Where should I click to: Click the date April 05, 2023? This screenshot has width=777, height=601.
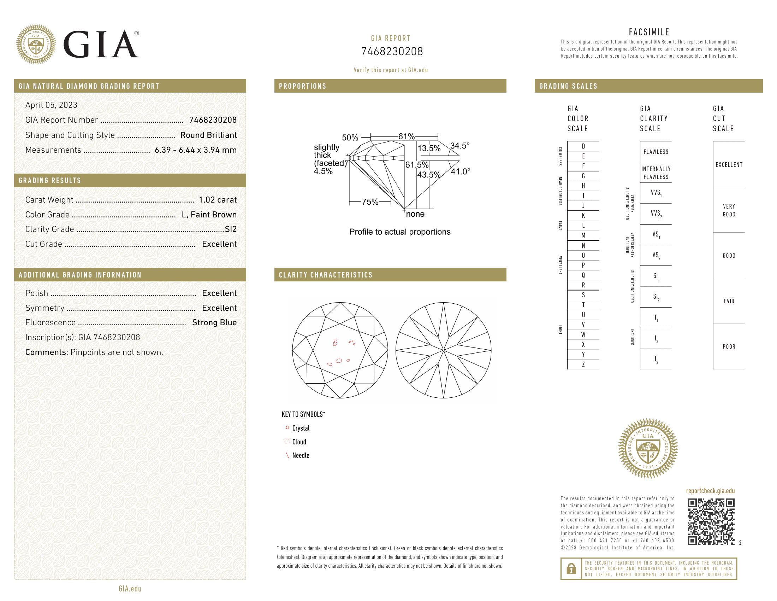pyautogui.click(x=51, y=105)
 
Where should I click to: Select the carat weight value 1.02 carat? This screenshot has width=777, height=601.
pyautogui.click(x=217, y=200)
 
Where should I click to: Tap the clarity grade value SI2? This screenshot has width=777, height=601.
pyautogui.click(x=231, y=229)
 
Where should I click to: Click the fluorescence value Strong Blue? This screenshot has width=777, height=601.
pyautogui.click(x=214, y=322)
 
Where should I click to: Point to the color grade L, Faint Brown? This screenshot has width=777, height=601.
pyautogui.click(x=209, y=215)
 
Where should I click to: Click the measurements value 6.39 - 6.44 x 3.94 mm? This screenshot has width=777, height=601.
pyautogui.click(x=195, y=150)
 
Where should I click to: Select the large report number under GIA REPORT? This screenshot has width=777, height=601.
pyautogui.click(x=392, y=52)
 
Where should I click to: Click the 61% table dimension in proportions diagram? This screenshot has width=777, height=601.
pyautogui.click(x=406, y=136)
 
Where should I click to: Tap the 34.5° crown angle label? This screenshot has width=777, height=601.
pyautogui.click(x=459, y=146)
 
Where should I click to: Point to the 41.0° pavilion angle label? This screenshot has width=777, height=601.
pyautogui.click(x=460, y=171)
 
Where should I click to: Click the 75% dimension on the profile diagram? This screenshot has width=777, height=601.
pyautogui.click(x=370, y=202)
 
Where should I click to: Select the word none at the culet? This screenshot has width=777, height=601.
pyautogui.click(x=415, y=214)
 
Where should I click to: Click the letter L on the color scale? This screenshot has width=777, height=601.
pyautogui.click(x=583, y=226)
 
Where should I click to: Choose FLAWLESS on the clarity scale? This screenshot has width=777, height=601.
pyautogui.click(x=656, y=152)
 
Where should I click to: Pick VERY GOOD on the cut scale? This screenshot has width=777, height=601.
pyautogui.click(x=729, y=210)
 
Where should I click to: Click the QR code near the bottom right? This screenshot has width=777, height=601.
pyautogui.click(x=711, y=522)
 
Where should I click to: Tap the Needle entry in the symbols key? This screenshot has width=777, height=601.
pyautogui.click(x=300, y=455)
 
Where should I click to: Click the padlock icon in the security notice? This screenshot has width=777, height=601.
pyautogui.click(x=571, y=568)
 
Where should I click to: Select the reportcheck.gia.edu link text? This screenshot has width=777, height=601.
pyautogui.click(x=710, y=491)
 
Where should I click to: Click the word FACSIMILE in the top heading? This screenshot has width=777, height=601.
pyautogui.click(x=649, y=32)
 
